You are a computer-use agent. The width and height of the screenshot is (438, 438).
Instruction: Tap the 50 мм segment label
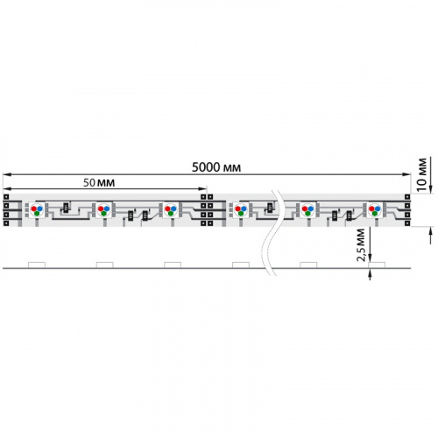[x=98, y=181]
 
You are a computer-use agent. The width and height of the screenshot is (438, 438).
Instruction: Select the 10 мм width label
[x=422, y=171]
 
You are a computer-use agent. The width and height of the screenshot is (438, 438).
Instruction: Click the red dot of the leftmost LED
[x=34, y=208]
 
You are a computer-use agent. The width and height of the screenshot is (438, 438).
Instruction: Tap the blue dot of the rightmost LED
[x=378, y=208]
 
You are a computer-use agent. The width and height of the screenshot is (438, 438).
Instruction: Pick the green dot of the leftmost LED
[x=37, y=212]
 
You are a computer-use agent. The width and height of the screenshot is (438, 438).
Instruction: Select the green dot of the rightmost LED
[x=375, y=212]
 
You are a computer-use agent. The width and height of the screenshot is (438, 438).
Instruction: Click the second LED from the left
[x=103, y=209]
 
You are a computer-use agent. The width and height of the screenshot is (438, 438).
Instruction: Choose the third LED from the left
[x=171, y=209]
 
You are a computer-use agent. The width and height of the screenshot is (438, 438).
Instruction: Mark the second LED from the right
[x=307, y=209]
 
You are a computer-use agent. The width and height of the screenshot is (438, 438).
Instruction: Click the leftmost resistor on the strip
[x=65, y=208]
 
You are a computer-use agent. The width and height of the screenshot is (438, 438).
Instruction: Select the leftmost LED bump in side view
[x=37, y=264]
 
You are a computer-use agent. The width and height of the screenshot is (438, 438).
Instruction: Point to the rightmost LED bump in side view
[x=376, y=264]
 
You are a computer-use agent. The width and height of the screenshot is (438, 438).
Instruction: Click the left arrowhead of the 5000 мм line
[x=5, y=173]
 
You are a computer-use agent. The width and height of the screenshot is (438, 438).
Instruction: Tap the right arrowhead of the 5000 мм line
[x=408, y=173]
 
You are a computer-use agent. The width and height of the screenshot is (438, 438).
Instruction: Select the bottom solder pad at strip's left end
[x=7, y=220]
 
